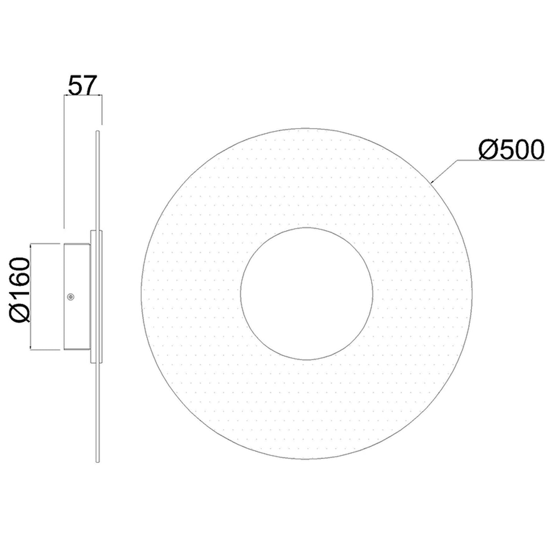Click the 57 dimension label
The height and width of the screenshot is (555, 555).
pyautogui.click(x=83, y=85)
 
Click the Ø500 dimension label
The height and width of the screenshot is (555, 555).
pyautogui.click(x=512, y=149)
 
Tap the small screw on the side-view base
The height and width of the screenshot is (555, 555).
pyautogui.click(x=70, y=297)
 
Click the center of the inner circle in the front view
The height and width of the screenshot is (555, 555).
pyautogui.click(x=306, y=293)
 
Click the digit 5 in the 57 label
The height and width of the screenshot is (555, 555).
pyautogui.click(x=75, y=86)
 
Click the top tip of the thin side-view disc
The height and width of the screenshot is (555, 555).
pyautogui.click(x=97, y=132)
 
